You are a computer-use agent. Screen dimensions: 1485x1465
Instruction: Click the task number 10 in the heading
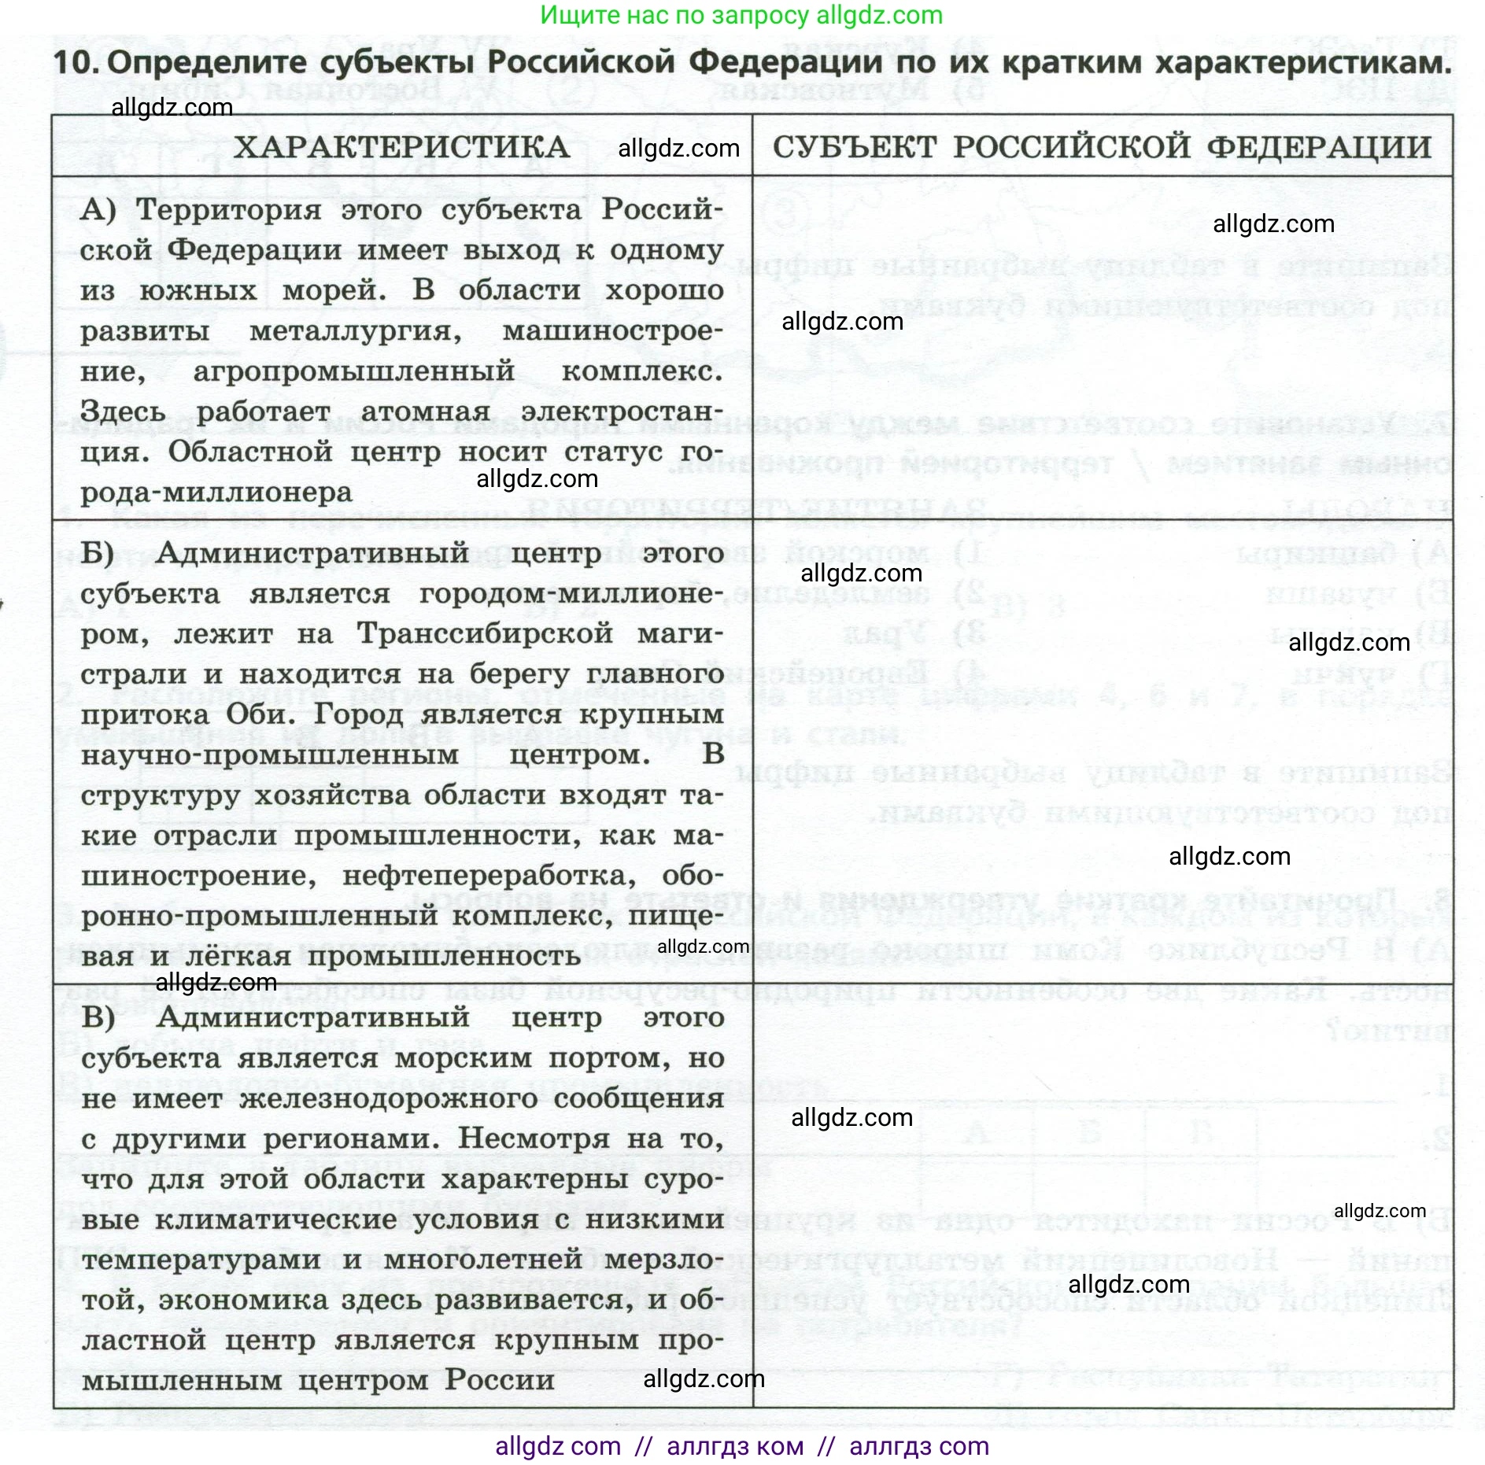click(76, 63)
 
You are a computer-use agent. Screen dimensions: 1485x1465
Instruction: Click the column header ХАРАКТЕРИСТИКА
click(401, 147)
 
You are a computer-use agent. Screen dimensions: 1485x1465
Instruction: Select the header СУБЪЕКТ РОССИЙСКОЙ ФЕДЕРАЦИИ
click(1102, 147)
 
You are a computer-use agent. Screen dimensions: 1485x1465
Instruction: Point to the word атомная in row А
click(425, 411)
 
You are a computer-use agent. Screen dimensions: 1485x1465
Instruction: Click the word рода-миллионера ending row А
click(216, 493)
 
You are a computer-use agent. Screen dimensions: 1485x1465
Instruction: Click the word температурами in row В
click(201, 1260)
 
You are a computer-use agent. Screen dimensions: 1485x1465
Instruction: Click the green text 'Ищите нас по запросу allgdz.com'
click(741, 15)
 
